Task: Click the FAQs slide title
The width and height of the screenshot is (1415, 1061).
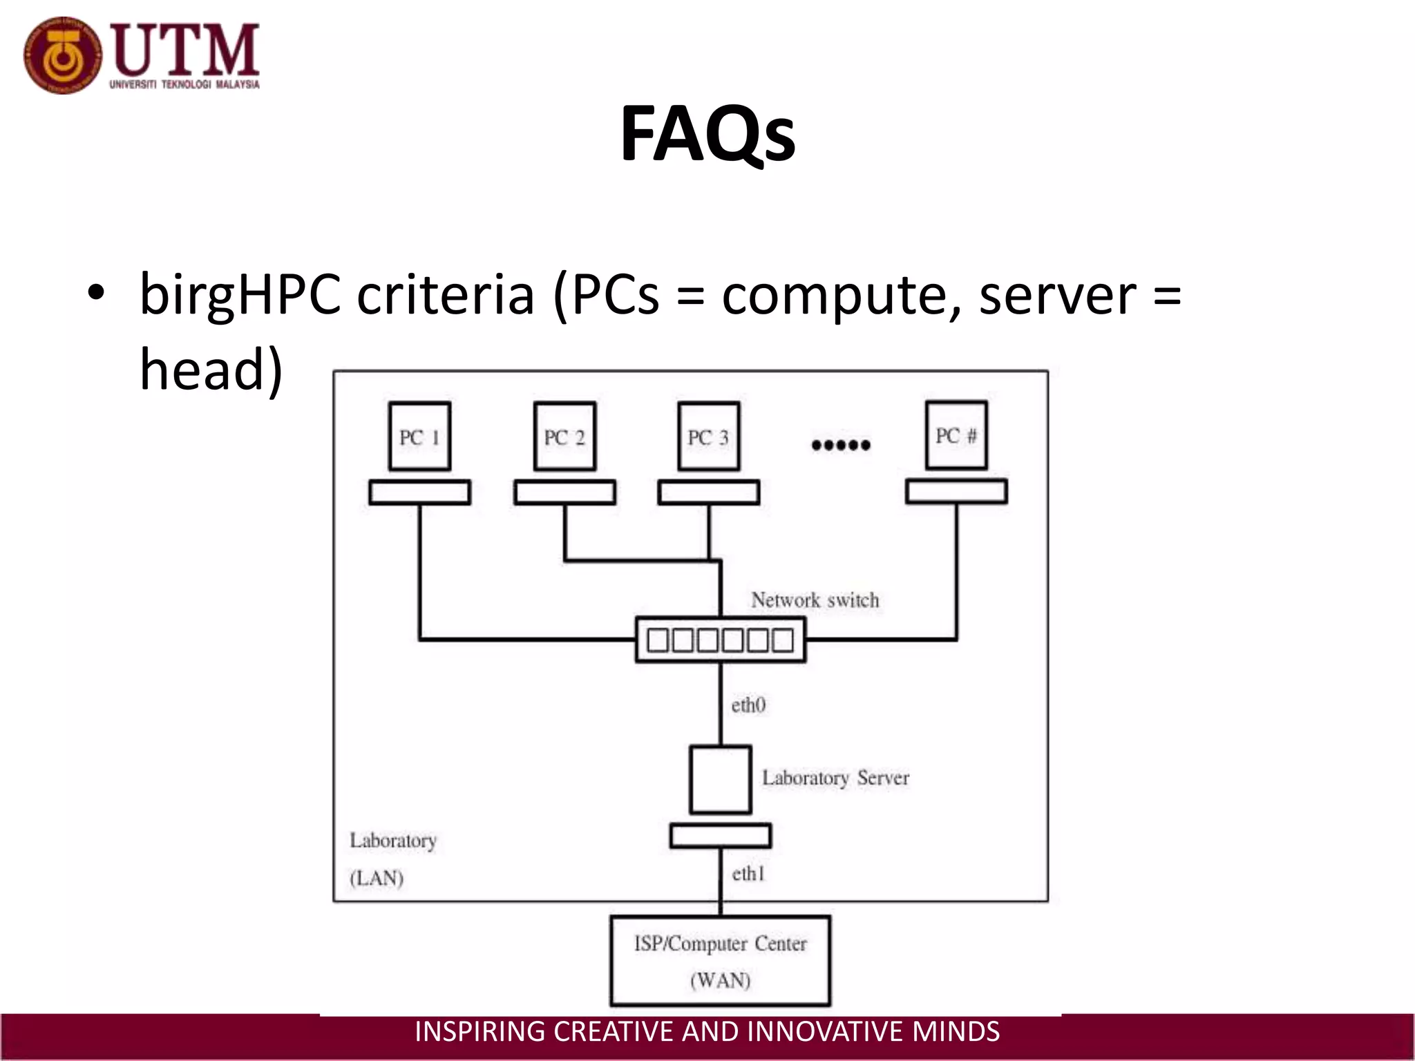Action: coord(707,134)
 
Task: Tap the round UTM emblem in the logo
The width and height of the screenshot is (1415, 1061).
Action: coord(62,55)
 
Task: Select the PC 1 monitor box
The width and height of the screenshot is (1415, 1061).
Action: coord(419,437)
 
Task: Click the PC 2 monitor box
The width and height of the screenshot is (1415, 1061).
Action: coord(564,437)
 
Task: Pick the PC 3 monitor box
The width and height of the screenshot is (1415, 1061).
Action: coord(708,437)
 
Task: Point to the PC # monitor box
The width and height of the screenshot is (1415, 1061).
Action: coord(956,435)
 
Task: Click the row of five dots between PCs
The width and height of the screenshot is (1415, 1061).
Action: coord(841,445)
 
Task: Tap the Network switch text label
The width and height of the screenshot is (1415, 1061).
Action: coord(815,600)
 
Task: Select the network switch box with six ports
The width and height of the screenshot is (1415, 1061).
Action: coord(720,640)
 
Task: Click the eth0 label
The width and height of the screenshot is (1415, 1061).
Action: coord(748,705)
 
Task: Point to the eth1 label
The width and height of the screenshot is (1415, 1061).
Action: coord(748,874)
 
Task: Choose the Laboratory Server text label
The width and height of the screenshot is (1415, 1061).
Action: coord(835,778)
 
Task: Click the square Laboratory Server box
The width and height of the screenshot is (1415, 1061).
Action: coord(720,779)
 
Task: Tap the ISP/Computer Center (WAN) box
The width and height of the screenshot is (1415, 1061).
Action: coord(720,961)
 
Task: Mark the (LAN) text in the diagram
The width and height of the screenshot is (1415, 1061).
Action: coord(377,878)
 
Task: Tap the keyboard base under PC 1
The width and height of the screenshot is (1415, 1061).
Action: coord(419,493)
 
